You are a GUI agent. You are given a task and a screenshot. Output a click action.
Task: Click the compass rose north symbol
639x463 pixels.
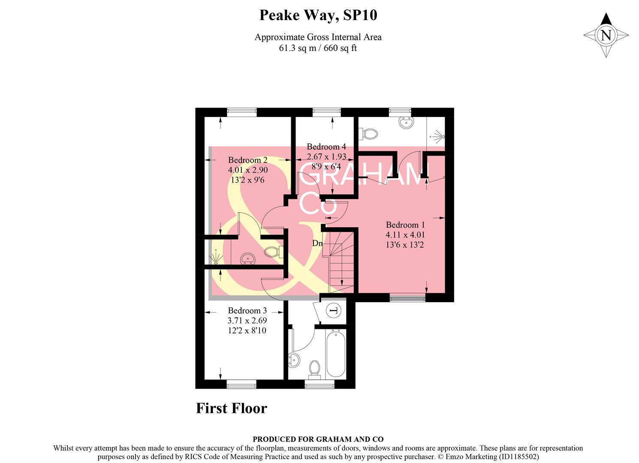click(x=606, y=35)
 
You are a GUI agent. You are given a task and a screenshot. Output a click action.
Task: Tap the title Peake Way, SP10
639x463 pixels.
click(x=318, y=15)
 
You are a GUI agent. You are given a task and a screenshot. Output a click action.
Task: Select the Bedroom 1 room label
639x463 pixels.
click(x=405, y=225)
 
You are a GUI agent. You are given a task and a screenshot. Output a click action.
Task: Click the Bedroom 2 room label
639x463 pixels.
click(x=247, y=160)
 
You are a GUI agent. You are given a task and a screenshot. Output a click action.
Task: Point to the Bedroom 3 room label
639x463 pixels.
click(x=247, y=311)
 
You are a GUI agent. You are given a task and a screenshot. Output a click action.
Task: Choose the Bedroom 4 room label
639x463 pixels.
click(x=326, y=147)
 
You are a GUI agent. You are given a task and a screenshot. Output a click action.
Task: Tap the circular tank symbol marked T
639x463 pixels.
click(x=333, y=310)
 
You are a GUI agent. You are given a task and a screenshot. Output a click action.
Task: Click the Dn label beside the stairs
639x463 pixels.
click(x=317, y=244)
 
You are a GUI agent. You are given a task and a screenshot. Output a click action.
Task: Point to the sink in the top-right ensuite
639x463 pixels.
click(x=406, y=122)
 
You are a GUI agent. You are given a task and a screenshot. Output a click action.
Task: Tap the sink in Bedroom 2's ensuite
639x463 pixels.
click(x=247, y=259)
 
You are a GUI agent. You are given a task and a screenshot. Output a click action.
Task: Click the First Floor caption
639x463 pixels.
click(x=231, y=408)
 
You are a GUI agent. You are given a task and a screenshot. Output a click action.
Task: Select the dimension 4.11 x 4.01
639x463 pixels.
click(x=405, y=235)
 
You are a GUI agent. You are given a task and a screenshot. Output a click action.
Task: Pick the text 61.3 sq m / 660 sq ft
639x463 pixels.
click(x=318, y=48)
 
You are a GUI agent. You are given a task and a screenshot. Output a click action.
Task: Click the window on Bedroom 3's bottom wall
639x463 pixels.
click(x=241, y=384)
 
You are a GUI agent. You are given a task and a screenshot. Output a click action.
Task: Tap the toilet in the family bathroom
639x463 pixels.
click(x=315, y=369)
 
